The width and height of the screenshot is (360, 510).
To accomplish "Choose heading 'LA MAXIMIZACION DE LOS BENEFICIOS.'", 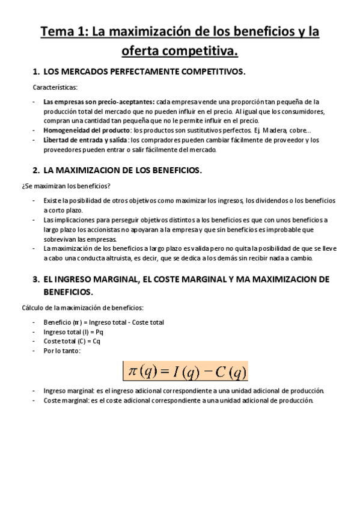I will point(123,170).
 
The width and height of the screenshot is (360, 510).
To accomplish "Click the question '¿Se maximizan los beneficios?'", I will point(62,185).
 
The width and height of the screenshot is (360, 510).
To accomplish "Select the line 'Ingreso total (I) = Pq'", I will point(73,331).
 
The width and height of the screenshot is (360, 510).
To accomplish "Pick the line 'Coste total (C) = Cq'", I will point(72,341).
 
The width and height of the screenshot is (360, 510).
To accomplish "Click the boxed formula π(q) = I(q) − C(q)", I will point(185,371).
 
